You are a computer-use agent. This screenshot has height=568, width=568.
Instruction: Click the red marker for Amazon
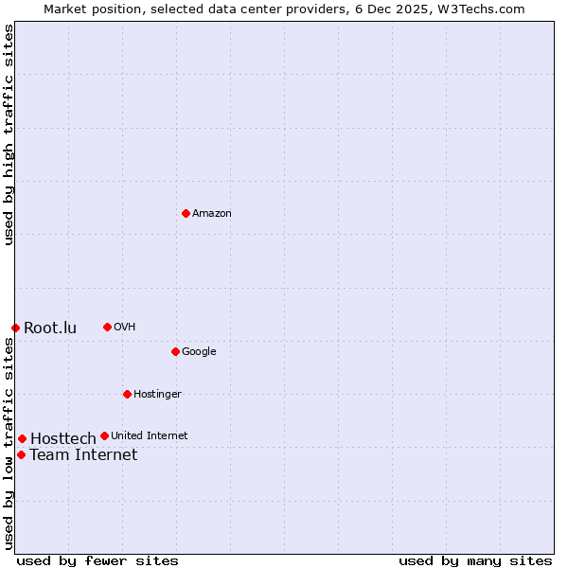click(186, 213)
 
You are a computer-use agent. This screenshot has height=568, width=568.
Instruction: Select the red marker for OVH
click(107, 327)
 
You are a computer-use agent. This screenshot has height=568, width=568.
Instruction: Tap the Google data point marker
click(175, 351)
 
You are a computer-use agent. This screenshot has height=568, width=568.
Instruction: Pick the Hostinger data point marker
click(127, 394)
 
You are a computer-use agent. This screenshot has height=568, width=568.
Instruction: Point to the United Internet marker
click(104, 435)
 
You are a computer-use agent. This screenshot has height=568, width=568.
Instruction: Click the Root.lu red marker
click(15, 328)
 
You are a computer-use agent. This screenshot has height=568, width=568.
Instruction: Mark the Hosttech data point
click(22, 438)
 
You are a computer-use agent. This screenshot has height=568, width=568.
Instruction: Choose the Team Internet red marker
click(21, 454)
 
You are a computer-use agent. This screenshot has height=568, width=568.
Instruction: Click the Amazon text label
click(212, 214)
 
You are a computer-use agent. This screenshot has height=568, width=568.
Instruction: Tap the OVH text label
click(125, 328)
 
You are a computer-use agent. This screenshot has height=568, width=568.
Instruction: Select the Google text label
click(199, 352)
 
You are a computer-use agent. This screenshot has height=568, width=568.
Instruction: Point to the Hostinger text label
click(157, 395)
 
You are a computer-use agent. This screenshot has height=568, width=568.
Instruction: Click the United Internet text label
click(150, 436)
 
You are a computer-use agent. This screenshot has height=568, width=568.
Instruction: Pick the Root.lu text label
click(50, 328)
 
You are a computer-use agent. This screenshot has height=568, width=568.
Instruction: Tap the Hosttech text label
click(63, 439)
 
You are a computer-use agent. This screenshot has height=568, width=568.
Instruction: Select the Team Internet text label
click(83, 455)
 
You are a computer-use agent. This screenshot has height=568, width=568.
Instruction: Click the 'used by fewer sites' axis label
click(98, 561)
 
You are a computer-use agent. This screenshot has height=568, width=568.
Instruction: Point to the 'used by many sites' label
click(475, 561)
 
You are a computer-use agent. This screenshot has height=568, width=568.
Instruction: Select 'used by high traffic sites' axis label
click(9, 134)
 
